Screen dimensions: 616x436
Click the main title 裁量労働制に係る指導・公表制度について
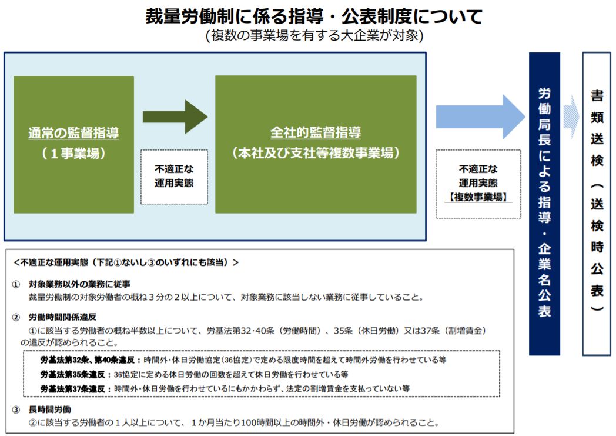tap(314, 16)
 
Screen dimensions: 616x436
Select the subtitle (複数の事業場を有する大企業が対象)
tap(314, 36)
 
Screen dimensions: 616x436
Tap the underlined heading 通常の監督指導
tap(73, 133)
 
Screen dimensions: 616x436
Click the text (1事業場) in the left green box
tap(73, 153)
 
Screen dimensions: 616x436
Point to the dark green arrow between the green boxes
tap(175, 117)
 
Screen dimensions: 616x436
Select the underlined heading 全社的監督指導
tap(316, 132)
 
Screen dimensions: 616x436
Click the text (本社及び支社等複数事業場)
tap(316, 152)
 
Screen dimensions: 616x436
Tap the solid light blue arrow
tap(480, 117)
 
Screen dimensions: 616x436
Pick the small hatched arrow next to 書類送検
tap(571, 117)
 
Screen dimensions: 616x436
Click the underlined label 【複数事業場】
tap(478, 197)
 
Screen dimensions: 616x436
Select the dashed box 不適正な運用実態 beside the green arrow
tap(174, 177)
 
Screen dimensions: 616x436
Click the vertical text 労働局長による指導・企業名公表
tap(544, 203)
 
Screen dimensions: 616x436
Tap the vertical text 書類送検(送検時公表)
tap(597, 201)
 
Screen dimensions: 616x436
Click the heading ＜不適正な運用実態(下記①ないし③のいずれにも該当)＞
tap(126, 262)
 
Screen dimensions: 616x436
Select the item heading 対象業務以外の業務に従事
tap(79, 284)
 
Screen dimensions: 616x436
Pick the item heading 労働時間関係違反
tap(62, 317)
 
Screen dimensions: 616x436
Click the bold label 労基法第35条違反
tap(72, 374)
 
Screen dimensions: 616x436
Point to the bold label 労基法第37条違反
tap(72, 389)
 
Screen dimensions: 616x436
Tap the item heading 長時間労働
tap(49, 410)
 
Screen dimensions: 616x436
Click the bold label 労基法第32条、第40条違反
tap(87, 360)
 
